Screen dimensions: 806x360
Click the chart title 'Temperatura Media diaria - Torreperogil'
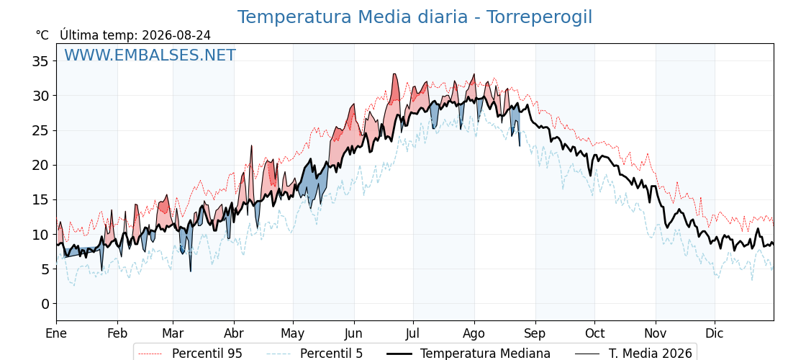pos(415,17)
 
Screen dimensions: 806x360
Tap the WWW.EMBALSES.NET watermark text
pos(150,55)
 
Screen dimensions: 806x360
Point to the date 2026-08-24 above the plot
pos(176,35)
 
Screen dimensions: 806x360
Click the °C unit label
pos(42,35)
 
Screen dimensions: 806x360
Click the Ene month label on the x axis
pos(56,334)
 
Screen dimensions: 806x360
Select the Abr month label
pos(234,334)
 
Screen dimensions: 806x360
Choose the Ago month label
pos(474,334)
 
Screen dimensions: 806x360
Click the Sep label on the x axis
pos(535,334)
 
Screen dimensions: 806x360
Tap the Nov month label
pos(656,334)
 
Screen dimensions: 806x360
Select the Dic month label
pos(715,334)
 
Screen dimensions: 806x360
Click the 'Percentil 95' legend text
pos(207,354)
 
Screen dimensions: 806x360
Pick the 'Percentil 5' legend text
pos(331,354)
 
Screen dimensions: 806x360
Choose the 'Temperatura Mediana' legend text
pos(485,354)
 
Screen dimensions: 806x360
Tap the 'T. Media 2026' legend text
pos(651,354)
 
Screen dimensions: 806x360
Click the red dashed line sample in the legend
pos(150,354)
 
